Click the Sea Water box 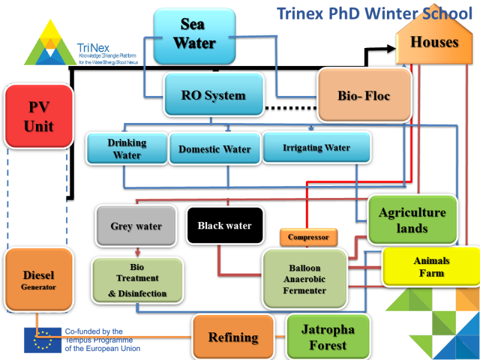[x=193, y=35]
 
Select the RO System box [x=214, y=95]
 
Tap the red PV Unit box [x=39, y=116]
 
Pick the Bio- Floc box [x=364, y=95]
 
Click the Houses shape [x=434, y=43]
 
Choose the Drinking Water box [x=126, y=148]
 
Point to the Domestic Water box [x=214, y=149]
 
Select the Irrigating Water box [x=316, y=148]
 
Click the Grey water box [x=136, y=226]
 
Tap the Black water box [x=224, y=226]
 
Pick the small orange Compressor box [x=308, y=237]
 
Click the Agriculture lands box [x=412, y=220]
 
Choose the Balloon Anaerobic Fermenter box [x=305, y=279]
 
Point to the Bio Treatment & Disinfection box [x=137, y=279]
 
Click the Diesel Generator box [x=39, y=279]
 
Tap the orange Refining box [x=233, y=337]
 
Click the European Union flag [x=43, y=340]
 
